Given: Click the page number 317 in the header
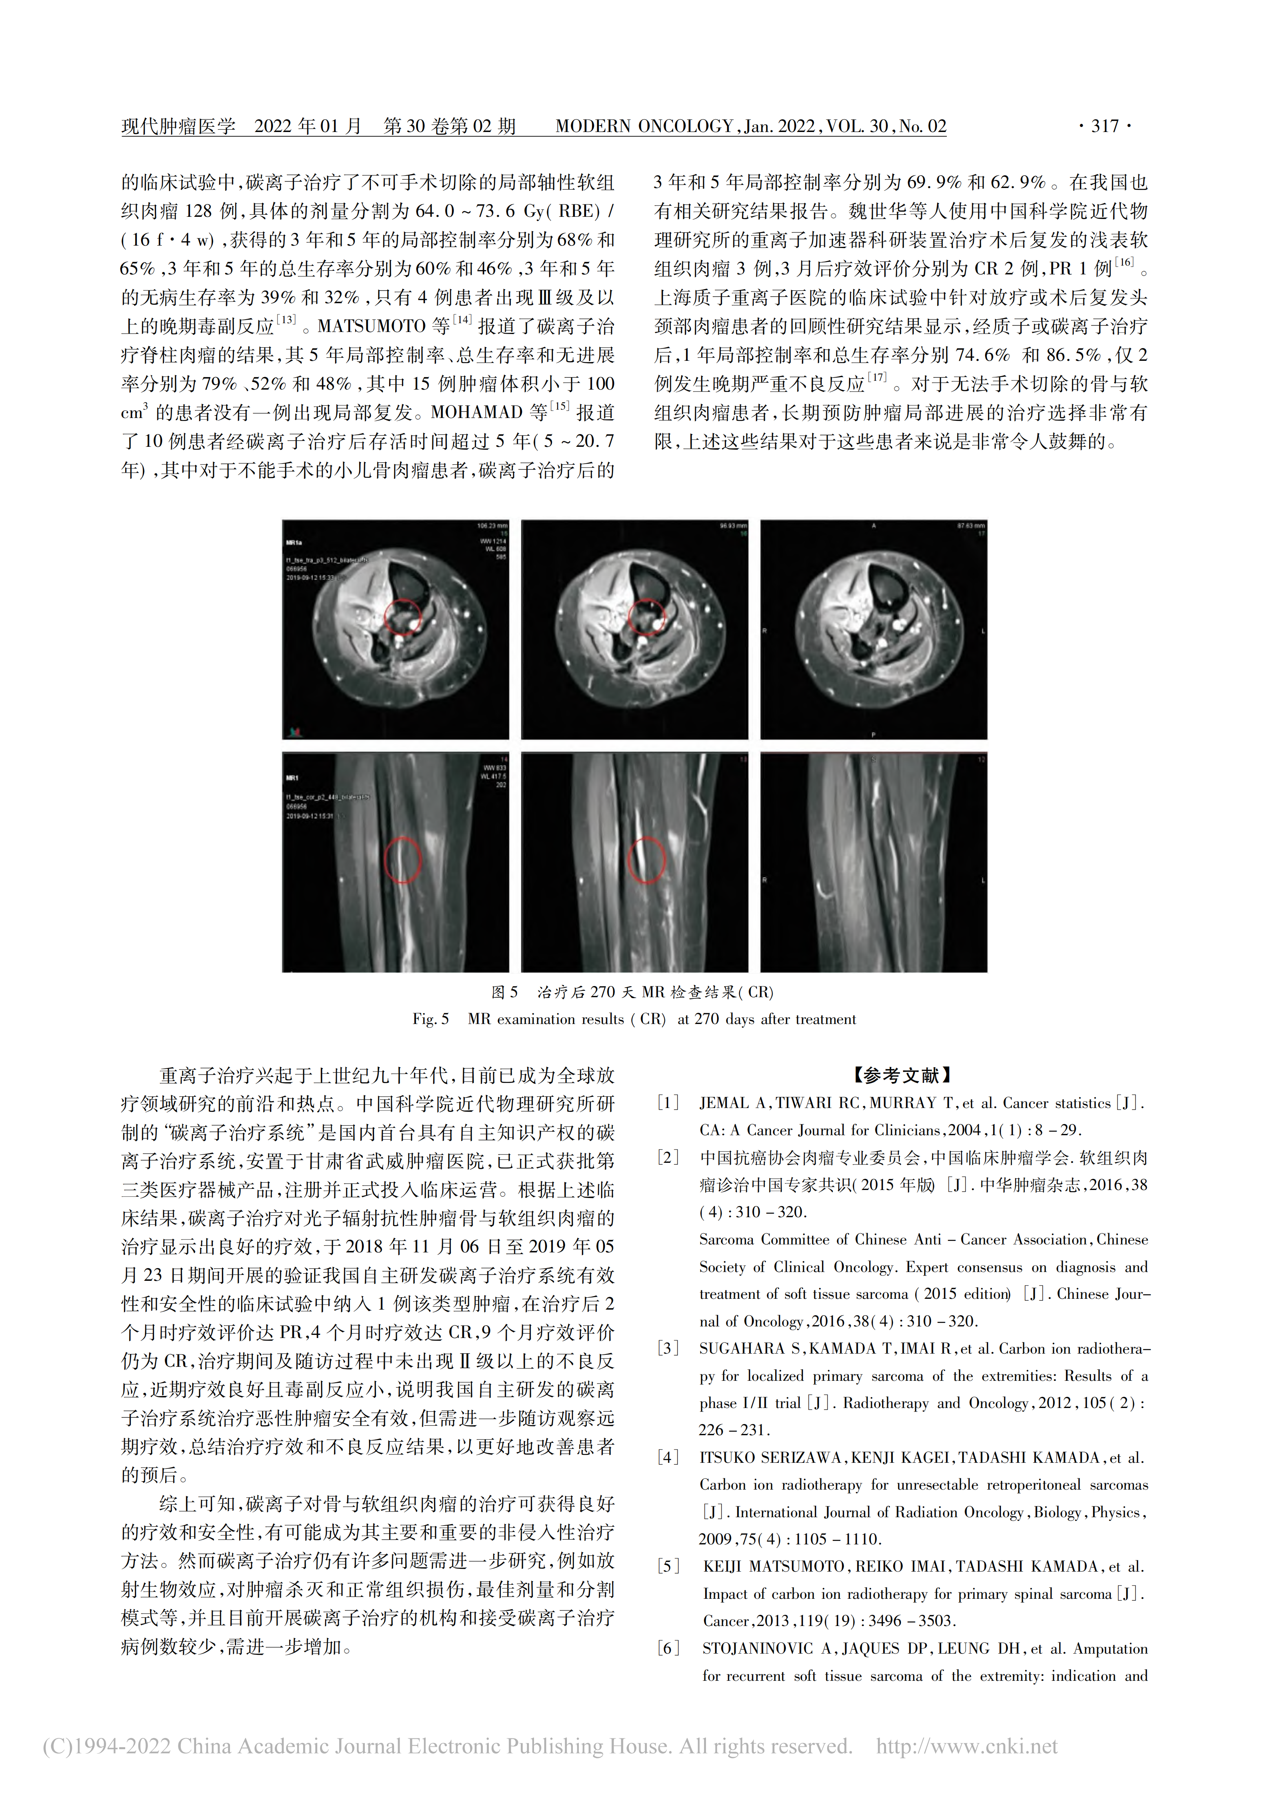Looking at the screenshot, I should pos(1104,126).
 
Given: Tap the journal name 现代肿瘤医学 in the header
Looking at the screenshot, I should pos(178,126).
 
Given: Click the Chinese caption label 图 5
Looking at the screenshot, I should pos(504,992).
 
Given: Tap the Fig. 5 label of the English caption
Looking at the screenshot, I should pos(431,1019).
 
